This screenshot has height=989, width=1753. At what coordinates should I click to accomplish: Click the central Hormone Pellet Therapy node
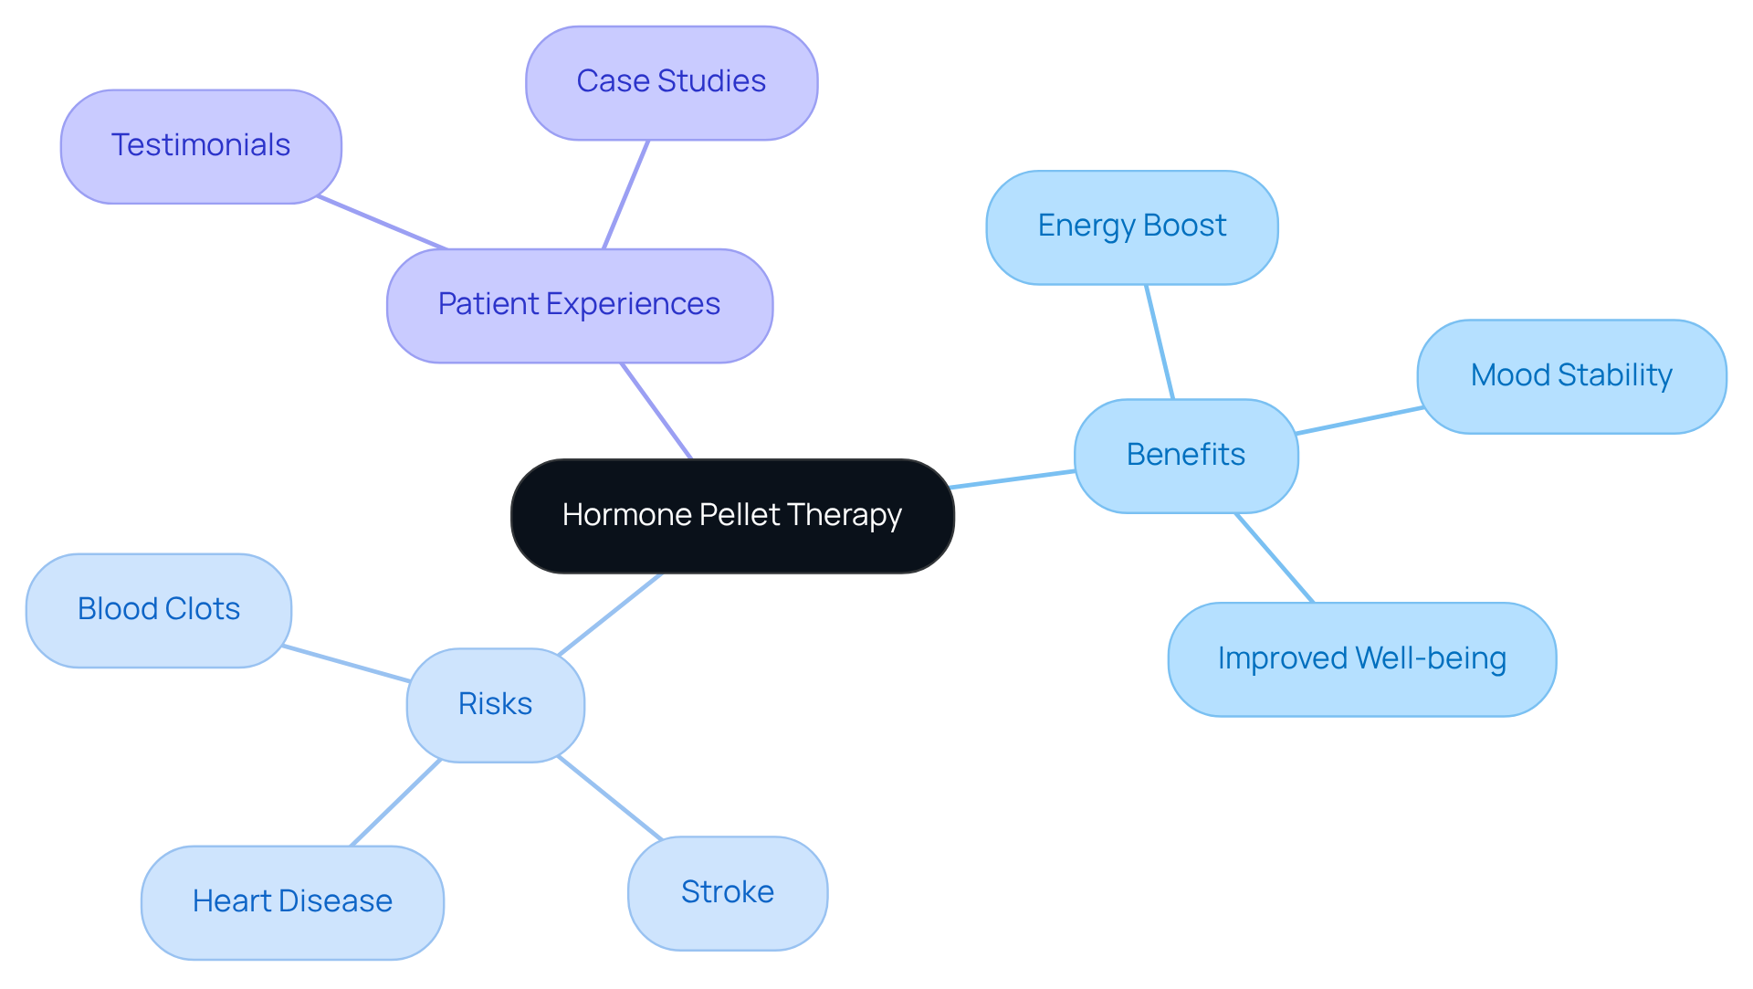pos(732,516)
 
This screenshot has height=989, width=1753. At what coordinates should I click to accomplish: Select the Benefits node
pos(1185,455)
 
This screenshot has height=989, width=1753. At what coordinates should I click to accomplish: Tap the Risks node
pos(495,704)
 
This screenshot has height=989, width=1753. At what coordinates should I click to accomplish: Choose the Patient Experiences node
pos(579,305)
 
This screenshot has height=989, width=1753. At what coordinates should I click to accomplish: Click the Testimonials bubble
pos(201,146)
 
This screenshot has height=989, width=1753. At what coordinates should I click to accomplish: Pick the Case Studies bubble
pos(671,82)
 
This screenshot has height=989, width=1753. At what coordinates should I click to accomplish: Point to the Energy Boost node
pos(1131,226)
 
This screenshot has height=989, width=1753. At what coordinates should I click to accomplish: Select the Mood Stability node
pos(1570,375)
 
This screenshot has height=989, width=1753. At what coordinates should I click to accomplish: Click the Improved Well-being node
pos(1361,658)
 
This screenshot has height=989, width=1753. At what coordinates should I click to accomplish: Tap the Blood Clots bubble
pos(159,609)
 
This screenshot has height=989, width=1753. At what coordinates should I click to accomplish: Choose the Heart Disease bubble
pos(292,901)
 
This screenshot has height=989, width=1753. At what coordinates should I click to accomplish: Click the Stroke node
pos(727,892)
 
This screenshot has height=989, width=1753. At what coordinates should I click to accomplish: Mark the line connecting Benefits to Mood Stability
pos(1359,420)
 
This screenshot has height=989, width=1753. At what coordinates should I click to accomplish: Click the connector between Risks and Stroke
pos(609,797)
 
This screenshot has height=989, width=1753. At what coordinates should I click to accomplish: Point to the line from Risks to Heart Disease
pos(395,803)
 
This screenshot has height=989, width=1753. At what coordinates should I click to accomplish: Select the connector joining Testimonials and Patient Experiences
pos(382,222)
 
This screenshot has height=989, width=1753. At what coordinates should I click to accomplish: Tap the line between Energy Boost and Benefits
pos(1160,342)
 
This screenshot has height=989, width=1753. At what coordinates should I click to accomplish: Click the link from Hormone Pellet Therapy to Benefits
pos(1013,479)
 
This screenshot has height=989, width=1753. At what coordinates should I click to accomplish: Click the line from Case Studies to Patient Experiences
pos(625,195)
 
